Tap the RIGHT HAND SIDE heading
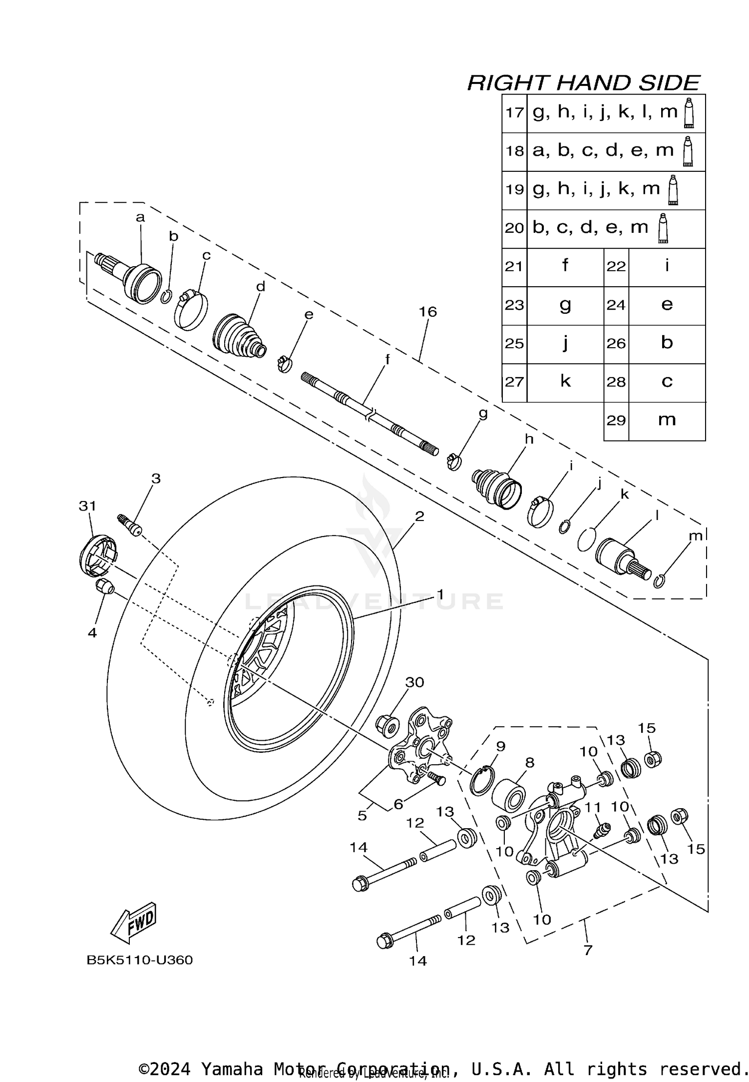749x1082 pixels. click(583, 82)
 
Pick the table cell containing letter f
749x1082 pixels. click(565, 266)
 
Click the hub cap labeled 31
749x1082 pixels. click(97, 554)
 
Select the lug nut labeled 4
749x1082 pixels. click(104, 586)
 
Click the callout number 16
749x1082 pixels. click(428, 312)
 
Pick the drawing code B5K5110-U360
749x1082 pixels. click(140, 960)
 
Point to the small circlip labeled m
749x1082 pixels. click(659, 581)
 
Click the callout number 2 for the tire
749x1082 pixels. click(419, 516)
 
